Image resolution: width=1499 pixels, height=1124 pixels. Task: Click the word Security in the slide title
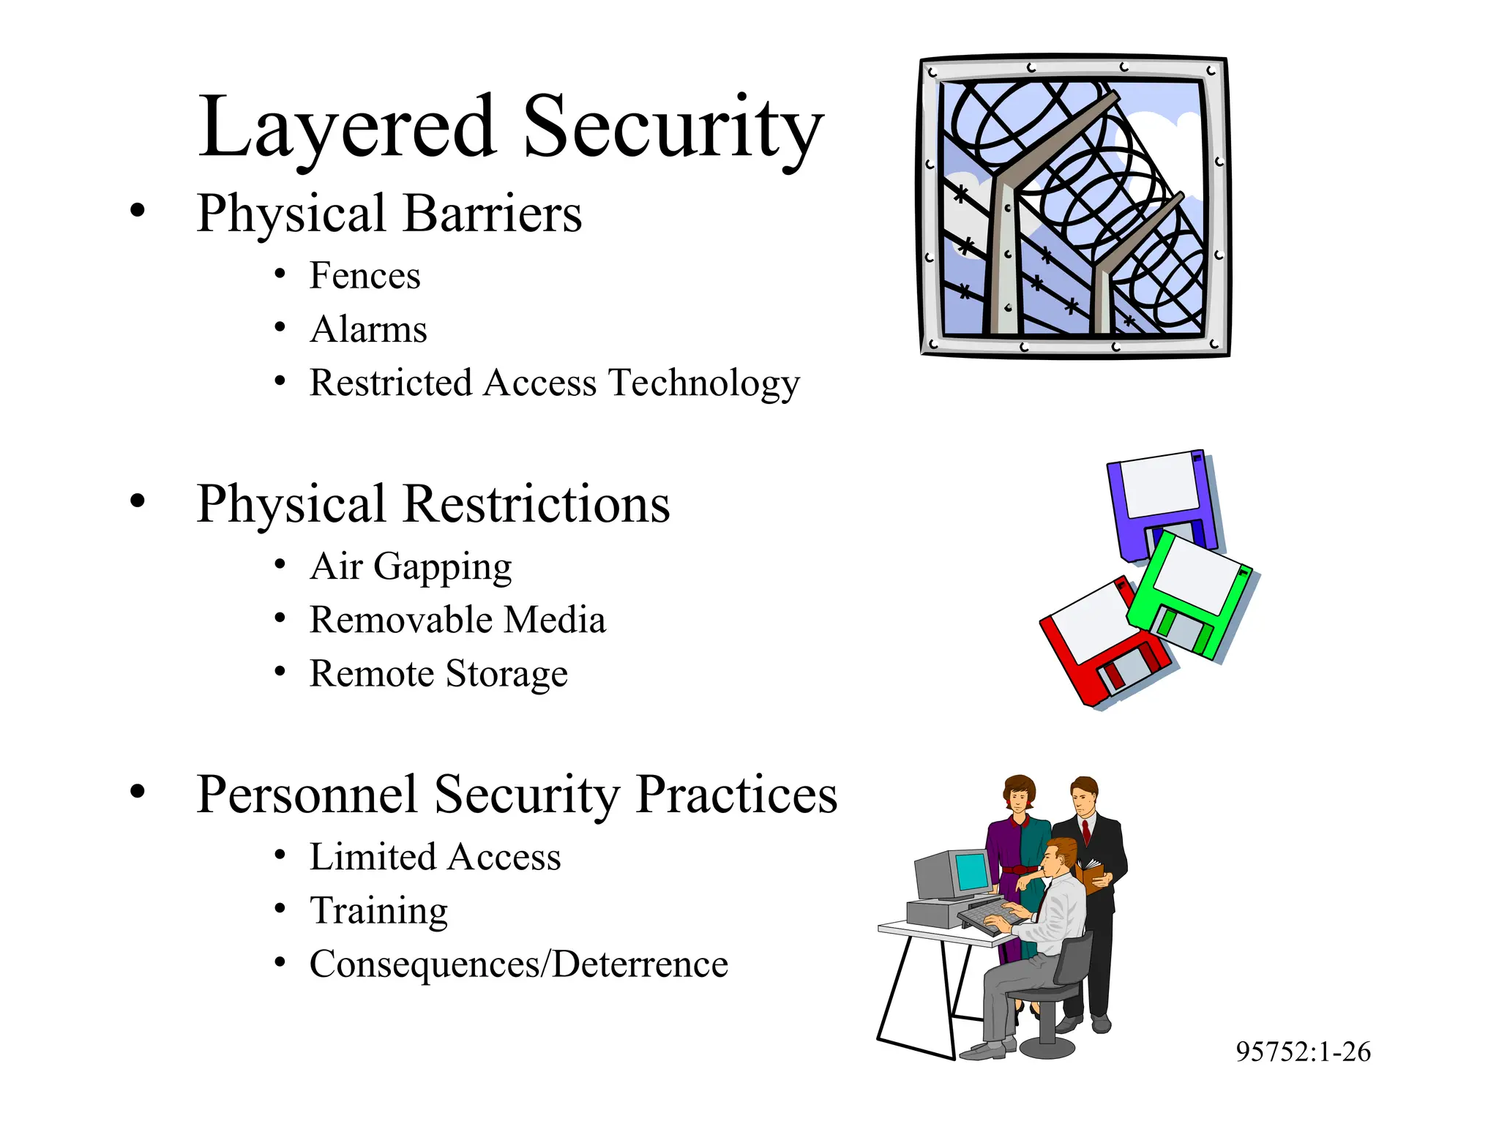point(673,127)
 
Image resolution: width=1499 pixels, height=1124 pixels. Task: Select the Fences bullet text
point(365,276)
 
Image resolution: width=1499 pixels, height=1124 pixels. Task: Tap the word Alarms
point(368,329)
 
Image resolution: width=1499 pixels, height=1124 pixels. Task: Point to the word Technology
point(704,383)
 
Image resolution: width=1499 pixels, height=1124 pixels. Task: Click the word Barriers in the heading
point(492,214)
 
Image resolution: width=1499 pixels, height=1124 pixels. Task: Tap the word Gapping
point(442,567)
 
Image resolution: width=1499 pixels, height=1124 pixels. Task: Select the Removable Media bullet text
point(457,620)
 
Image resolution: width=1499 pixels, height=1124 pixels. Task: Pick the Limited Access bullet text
point(435,857)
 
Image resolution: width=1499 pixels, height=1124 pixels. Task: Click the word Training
point(378,911)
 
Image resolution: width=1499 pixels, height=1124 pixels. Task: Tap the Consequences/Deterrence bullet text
point(518,964)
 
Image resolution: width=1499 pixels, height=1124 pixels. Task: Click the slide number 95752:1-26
point(1303,1052)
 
